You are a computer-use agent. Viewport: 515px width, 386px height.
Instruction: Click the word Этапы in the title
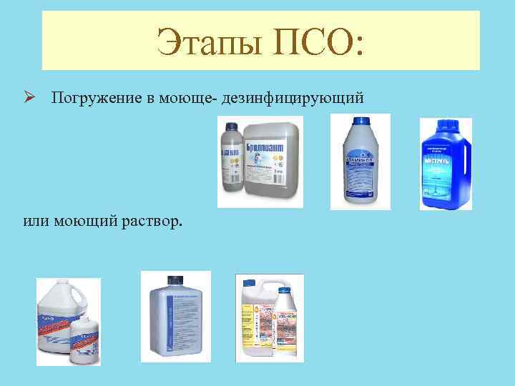[205, 40]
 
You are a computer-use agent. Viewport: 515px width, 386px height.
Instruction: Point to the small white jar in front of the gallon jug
[87, 340]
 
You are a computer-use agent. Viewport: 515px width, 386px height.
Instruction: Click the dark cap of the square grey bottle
[173, 279]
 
